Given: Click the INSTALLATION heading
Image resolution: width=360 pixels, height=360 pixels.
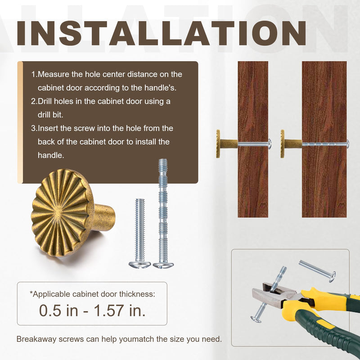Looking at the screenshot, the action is tap(162, 33).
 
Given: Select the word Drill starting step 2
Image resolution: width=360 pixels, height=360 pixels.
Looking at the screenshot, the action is tap(45, 101).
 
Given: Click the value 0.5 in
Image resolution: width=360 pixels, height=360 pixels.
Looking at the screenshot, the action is tap(58, 310).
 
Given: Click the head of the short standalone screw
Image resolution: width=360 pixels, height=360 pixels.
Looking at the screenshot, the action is tap(139, 264).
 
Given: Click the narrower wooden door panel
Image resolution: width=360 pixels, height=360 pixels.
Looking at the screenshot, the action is tap(253, 139).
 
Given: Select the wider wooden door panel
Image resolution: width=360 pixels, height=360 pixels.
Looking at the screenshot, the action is tap(324, 139).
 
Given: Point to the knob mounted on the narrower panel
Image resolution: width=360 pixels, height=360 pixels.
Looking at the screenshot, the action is tap(226, 144).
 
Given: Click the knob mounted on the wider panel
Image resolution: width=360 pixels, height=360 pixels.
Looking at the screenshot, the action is tap(291, 144).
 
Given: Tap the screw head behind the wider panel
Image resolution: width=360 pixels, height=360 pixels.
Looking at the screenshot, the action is tap(348, 144).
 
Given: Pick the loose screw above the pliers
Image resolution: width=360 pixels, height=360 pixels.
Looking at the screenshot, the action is tap(317, 271).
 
